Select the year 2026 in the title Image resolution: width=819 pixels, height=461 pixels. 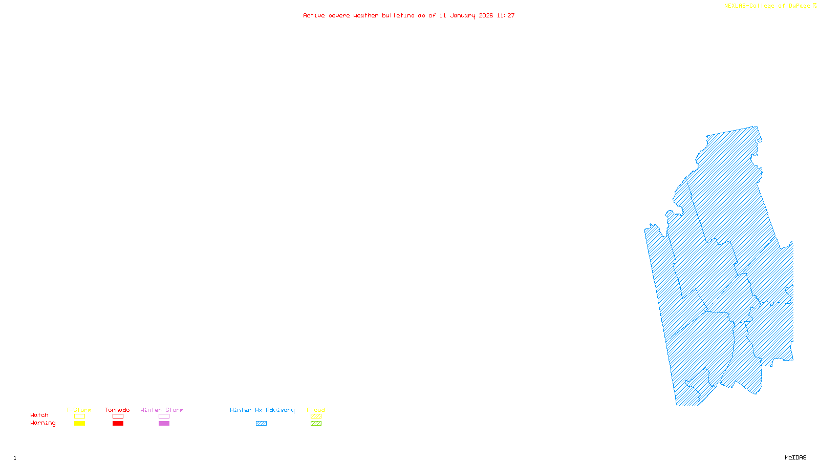[486, 16]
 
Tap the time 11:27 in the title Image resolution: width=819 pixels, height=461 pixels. [506, 16]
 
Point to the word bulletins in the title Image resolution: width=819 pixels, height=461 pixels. [398, 16]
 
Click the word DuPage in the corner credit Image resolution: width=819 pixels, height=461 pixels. [799, 6]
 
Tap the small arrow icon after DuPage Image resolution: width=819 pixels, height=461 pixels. [814, 6]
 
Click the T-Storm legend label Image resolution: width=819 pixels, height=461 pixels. [79, 410]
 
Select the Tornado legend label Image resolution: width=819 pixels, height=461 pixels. [117, 410]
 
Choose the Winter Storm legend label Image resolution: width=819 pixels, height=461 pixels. [162, 410]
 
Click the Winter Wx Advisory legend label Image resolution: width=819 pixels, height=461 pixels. [262, 410]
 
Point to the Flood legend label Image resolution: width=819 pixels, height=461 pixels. [316, 410]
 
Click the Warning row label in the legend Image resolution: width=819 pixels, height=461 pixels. [42, 423]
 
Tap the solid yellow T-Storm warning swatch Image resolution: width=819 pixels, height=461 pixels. [79, 424]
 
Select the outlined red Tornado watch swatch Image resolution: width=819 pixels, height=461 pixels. [118, 416]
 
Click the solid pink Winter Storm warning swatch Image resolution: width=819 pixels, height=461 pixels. [164, 424]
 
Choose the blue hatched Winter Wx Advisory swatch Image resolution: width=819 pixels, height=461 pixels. [261, 424]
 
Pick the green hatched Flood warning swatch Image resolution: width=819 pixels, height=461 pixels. [316, 424]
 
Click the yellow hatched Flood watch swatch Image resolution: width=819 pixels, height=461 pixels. [316, 416]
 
